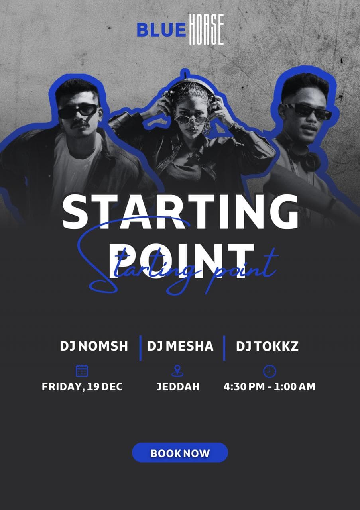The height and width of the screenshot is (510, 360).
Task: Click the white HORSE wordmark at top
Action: (207, 29)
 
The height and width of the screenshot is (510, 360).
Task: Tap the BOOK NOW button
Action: (180, 453)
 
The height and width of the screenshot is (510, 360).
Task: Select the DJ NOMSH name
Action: (94, 346)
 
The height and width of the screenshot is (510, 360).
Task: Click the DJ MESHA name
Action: (181, 346)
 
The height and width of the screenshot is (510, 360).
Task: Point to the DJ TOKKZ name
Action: (267, 346)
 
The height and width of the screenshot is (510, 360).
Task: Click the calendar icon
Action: (82, 371)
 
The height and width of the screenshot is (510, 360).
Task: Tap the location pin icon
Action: (177, 371)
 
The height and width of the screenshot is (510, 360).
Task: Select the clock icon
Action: (270, 371)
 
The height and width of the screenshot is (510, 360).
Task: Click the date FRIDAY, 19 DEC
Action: (82, 387)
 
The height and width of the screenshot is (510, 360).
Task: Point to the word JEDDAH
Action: (178, 387)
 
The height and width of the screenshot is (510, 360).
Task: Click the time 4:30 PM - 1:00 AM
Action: (270, 387)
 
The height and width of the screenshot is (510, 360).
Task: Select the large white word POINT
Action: (181, 261)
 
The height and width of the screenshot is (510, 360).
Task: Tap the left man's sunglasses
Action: (78, 111)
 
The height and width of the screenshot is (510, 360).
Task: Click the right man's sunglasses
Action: (307, 111)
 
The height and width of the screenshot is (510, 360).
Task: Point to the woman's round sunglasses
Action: (191, 120)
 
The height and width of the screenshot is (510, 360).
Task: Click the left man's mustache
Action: (80, 124)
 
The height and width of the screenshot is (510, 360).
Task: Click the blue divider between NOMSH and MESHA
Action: (140, 348)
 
